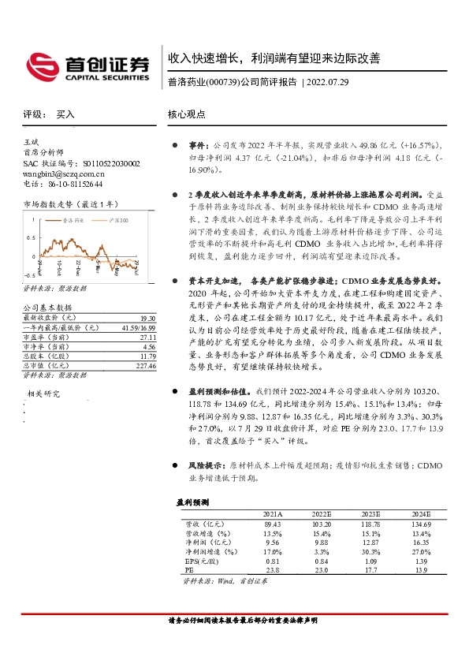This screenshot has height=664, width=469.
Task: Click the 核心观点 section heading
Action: [187, 114]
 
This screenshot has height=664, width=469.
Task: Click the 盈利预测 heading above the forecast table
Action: [192, 501]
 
